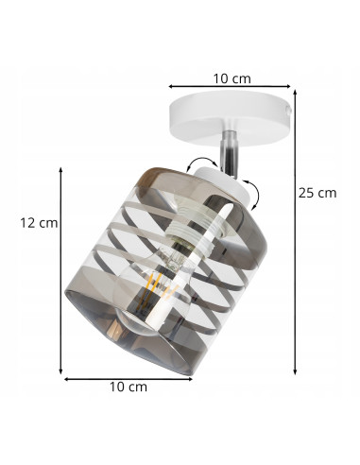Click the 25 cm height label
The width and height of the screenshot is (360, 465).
(x=317, y=193)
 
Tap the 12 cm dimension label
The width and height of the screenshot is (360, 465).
(x=39, y=223)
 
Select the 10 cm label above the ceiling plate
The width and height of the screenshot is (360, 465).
(x=232, y=78)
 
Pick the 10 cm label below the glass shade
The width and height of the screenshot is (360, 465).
(x=129, y=387)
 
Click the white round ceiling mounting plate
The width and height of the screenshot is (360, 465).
(x=230, y=117)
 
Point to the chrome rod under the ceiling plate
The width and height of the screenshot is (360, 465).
(x=231, y=151)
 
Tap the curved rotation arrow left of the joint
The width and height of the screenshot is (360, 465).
(x=201, y=164)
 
